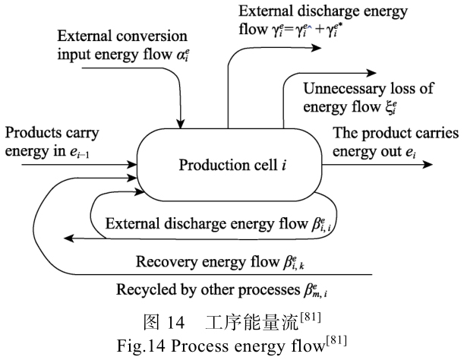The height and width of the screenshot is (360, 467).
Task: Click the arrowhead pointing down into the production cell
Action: coord(181,125)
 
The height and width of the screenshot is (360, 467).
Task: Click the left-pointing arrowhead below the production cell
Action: coord(69,238)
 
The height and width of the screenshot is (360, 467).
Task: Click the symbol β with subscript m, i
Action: coord(325,292)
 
